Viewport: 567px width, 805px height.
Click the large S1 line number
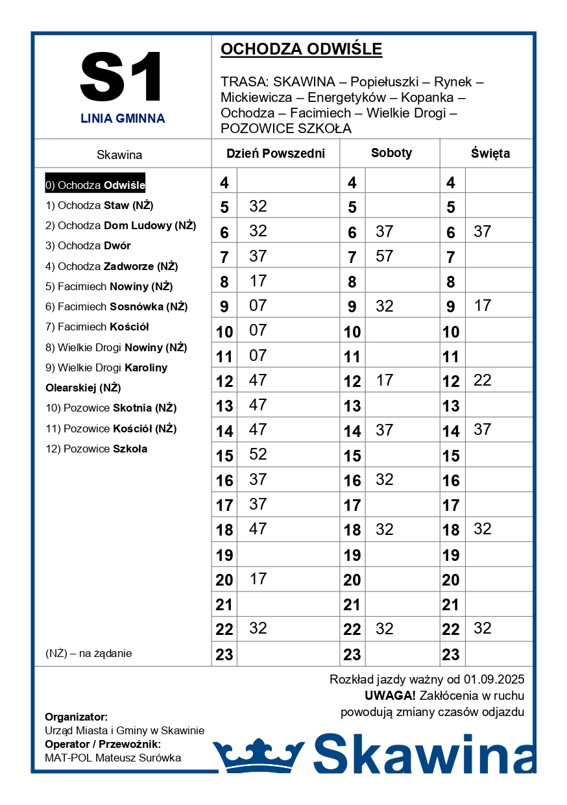pyautogui.click(x=122, y=77)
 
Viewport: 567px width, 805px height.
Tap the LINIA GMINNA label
pyautogui.click(x=123, y=119)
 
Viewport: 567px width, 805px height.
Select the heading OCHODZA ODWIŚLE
pyautogui.click(x=301, y=49)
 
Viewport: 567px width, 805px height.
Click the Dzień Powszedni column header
pyautogui.click(x=275, y=154)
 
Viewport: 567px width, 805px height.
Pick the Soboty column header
pyautogui.click(x=391, y=153)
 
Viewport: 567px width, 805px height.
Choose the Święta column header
pyautogui.click(x=490, y=154)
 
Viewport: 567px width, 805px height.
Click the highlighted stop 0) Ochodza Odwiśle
pyautogui.click(x=95, y=185)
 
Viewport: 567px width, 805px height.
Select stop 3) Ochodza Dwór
pyautogui.click(x=88, y=246)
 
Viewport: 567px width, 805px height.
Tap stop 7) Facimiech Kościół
pyautogui.click(x=97, y=327)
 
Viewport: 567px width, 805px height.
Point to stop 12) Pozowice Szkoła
pyautogui.click(x=96, y=449)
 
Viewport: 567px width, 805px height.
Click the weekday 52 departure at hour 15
pyautogui.click(x=258, y=454)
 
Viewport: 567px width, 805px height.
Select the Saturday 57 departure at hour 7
pyautogui.click(x=385, y=256)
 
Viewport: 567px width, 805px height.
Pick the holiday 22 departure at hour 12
pyautogui.click(x=483, y=380)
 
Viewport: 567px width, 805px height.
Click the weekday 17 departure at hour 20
pyautogui.click(x=258, y=578)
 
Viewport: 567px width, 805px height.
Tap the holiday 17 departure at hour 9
pyautogui.click(x=483, y=305)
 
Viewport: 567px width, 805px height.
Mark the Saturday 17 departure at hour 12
pyautogui.click(x=385, y=380)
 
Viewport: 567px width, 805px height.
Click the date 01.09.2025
pyautogui.click(x=494, y=680)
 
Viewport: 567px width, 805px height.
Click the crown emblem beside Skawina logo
pyautogui.click(x=259, y=754)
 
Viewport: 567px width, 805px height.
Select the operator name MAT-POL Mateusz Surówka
pyautogui.click(x=113, y=758)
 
